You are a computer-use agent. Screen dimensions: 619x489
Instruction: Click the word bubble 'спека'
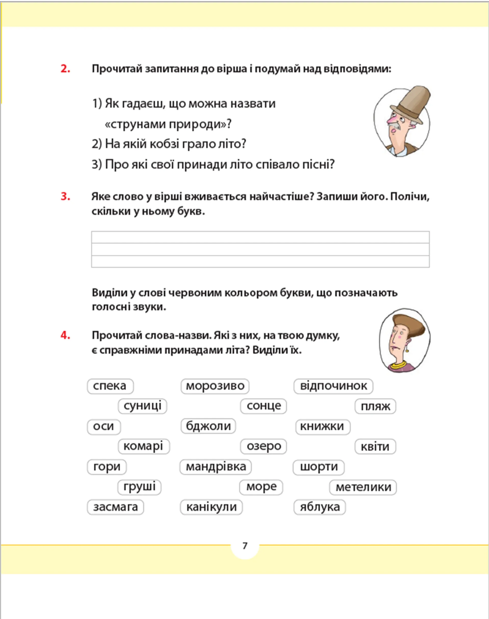(110, 386)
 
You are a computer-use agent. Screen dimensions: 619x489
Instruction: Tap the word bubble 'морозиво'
(215, 386)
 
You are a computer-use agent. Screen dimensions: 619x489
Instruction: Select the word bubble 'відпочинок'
(333, 386)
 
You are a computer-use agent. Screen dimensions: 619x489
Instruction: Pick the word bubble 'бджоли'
(208, 426)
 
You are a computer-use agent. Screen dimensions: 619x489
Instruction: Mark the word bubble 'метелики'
(363, 487)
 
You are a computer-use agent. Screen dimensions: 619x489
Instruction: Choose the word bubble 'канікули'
(211, 507)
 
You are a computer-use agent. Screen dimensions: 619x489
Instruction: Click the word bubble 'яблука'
(320, 507)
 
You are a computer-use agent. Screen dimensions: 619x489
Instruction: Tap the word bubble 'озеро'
(263, 446)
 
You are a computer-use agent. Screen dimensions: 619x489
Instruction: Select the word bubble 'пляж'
(375, 406)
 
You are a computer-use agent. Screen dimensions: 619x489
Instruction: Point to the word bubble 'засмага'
(115, 507)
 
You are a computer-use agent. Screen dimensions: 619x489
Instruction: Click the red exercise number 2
(65, 69)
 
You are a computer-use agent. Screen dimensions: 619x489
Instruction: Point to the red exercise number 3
(65, 196)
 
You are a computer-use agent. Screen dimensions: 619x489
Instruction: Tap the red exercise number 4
(65, 335)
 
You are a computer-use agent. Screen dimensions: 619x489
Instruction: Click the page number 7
(245, 546)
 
